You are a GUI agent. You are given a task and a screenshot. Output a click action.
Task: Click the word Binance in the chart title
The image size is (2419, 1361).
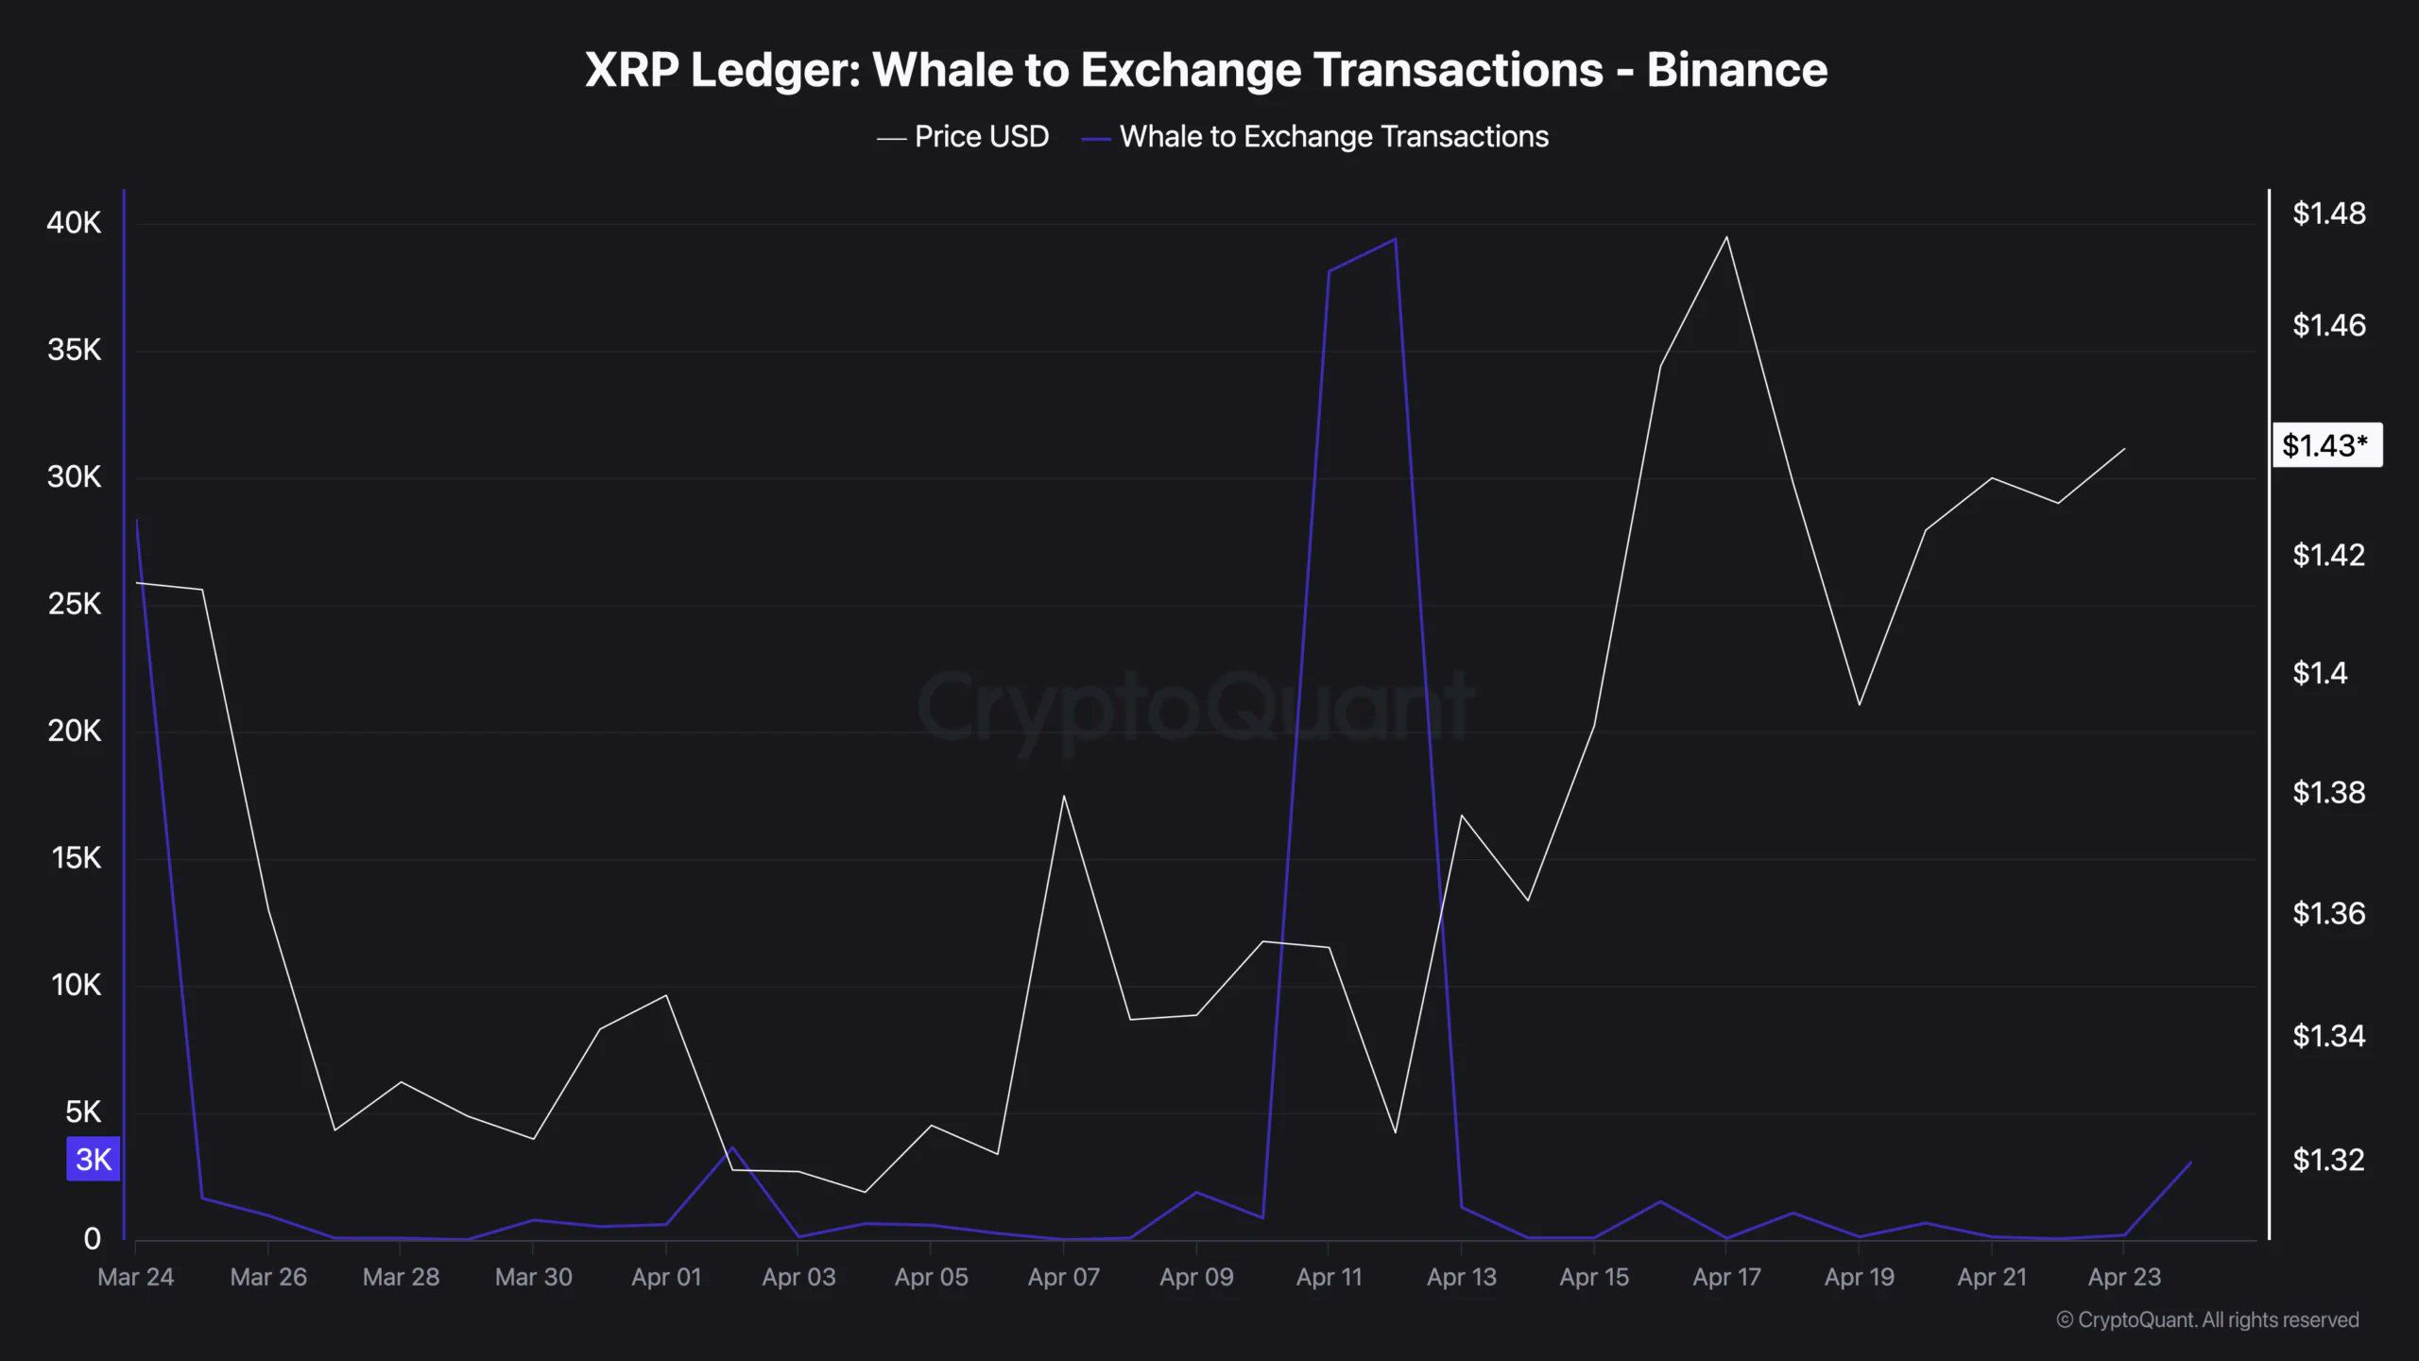[1737, 70]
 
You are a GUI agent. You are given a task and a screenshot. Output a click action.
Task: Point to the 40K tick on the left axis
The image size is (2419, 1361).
[74, 223]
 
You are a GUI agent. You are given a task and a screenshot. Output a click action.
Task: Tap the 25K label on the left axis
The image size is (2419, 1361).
[74, 604]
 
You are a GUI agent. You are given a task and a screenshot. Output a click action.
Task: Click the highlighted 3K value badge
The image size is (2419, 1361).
[93, 1159]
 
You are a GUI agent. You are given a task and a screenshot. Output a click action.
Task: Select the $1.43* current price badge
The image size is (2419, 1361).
[2325, 445]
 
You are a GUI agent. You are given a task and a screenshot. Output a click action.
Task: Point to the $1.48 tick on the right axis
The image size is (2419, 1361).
[2328, 214]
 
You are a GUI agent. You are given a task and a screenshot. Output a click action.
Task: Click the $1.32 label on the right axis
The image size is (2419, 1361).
[2328, 1160]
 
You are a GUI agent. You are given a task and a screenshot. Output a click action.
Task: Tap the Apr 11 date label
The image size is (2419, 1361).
[1329, 1277]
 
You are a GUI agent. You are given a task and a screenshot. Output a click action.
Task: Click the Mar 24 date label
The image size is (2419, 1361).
[135, 1277]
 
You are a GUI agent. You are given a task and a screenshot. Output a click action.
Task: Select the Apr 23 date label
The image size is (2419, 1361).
[2123, 1277]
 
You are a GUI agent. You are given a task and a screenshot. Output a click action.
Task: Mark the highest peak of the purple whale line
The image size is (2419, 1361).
[1396, 239]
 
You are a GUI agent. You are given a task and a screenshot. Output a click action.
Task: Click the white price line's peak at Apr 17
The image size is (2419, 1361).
[1726, 237]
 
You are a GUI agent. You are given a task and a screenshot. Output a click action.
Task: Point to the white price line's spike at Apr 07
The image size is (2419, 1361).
[1063, 796]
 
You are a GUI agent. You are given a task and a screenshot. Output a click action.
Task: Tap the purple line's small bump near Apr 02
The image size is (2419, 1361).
[732, 1147]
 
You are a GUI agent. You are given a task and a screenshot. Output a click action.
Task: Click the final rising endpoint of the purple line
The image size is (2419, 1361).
[2190, 1163]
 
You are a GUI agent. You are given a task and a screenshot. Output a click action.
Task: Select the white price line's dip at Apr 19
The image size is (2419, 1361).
[1859, 704]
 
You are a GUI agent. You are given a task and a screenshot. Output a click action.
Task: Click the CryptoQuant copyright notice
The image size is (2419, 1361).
[2207, 1319]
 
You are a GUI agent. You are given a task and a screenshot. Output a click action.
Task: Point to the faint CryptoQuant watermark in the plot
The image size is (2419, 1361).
[1195, 707]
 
